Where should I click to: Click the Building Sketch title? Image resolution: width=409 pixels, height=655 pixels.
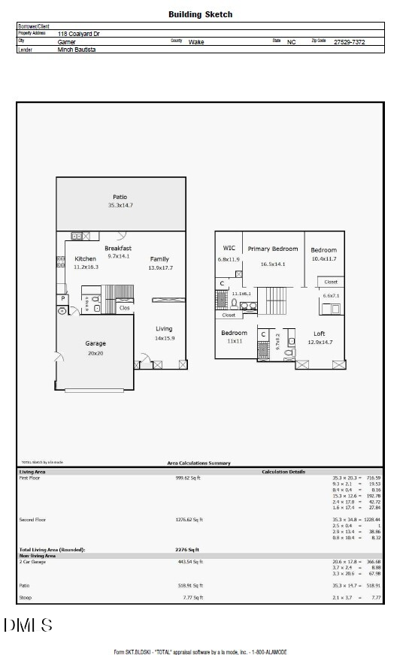200,14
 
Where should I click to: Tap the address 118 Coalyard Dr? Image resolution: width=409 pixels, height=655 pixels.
79,34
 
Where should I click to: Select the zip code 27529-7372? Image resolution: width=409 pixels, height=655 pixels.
349,42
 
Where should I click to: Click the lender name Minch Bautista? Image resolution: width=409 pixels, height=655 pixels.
77,50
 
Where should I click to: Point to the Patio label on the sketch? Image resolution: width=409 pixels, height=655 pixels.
120,198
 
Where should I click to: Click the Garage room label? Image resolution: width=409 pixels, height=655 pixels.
95,343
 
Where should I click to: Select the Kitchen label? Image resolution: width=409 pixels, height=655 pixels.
85,259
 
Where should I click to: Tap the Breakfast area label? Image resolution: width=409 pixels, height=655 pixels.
118,248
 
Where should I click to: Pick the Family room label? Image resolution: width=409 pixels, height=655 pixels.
159,259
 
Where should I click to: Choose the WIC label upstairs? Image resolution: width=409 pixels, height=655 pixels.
229,248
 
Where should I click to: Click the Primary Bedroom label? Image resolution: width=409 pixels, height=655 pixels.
273,249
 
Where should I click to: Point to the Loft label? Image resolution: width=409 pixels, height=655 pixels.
320,333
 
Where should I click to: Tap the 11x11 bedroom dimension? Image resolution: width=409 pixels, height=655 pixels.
233,341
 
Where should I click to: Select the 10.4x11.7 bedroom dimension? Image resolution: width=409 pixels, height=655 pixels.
323,258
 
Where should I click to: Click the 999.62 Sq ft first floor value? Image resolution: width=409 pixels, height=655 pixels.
188,478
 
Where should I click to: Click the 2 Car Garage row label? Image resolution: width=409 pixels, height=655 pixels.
32,561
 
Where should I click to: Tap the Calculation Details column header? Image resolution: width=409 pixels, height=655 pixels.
283,472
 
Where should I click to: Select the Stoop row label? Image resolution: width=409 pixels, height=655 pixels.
24,598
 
